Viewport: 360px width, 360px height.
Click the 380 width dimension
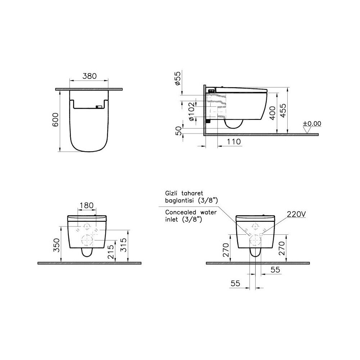[x=90, y=76]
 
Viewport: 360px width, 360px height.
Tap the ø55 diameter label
[x=178, y=78]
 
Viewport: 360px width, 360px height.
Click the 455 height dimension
[x=284, y=111]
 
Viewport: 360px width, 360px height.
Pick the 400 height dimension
[x=273, y=113]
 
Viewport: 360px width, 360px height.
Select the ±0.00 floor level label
[x=312, y=123]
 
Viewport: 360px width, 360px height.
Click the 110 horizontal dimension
[x=234, y=141]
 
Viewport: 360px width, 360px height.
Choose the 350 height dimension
[x=57, y=245]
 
